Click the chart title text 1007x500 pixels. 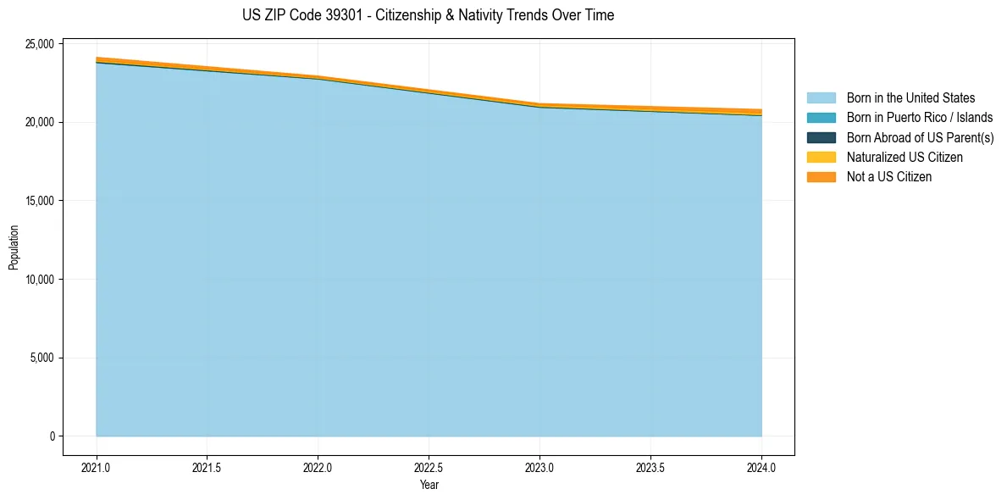pos(428,15)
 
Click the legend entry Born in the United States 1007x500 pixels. pos(910,98)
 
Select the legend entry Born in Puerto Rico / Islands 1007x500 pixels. pos(920,118)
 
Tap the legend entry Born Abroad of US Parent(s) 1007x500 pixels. pos(920,137)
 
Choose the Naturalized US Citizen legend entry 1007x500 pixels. pos(905,157)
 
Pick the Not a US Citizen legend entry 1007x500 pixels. pos(889,177)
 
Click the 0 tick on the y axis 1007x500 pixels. pos(53,436)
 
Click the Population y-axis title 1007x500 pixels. pos(14,247)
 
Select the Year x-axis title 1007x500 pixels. pos(429,485)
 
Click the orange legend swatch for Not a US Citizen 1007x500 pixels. pos(821,177)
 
